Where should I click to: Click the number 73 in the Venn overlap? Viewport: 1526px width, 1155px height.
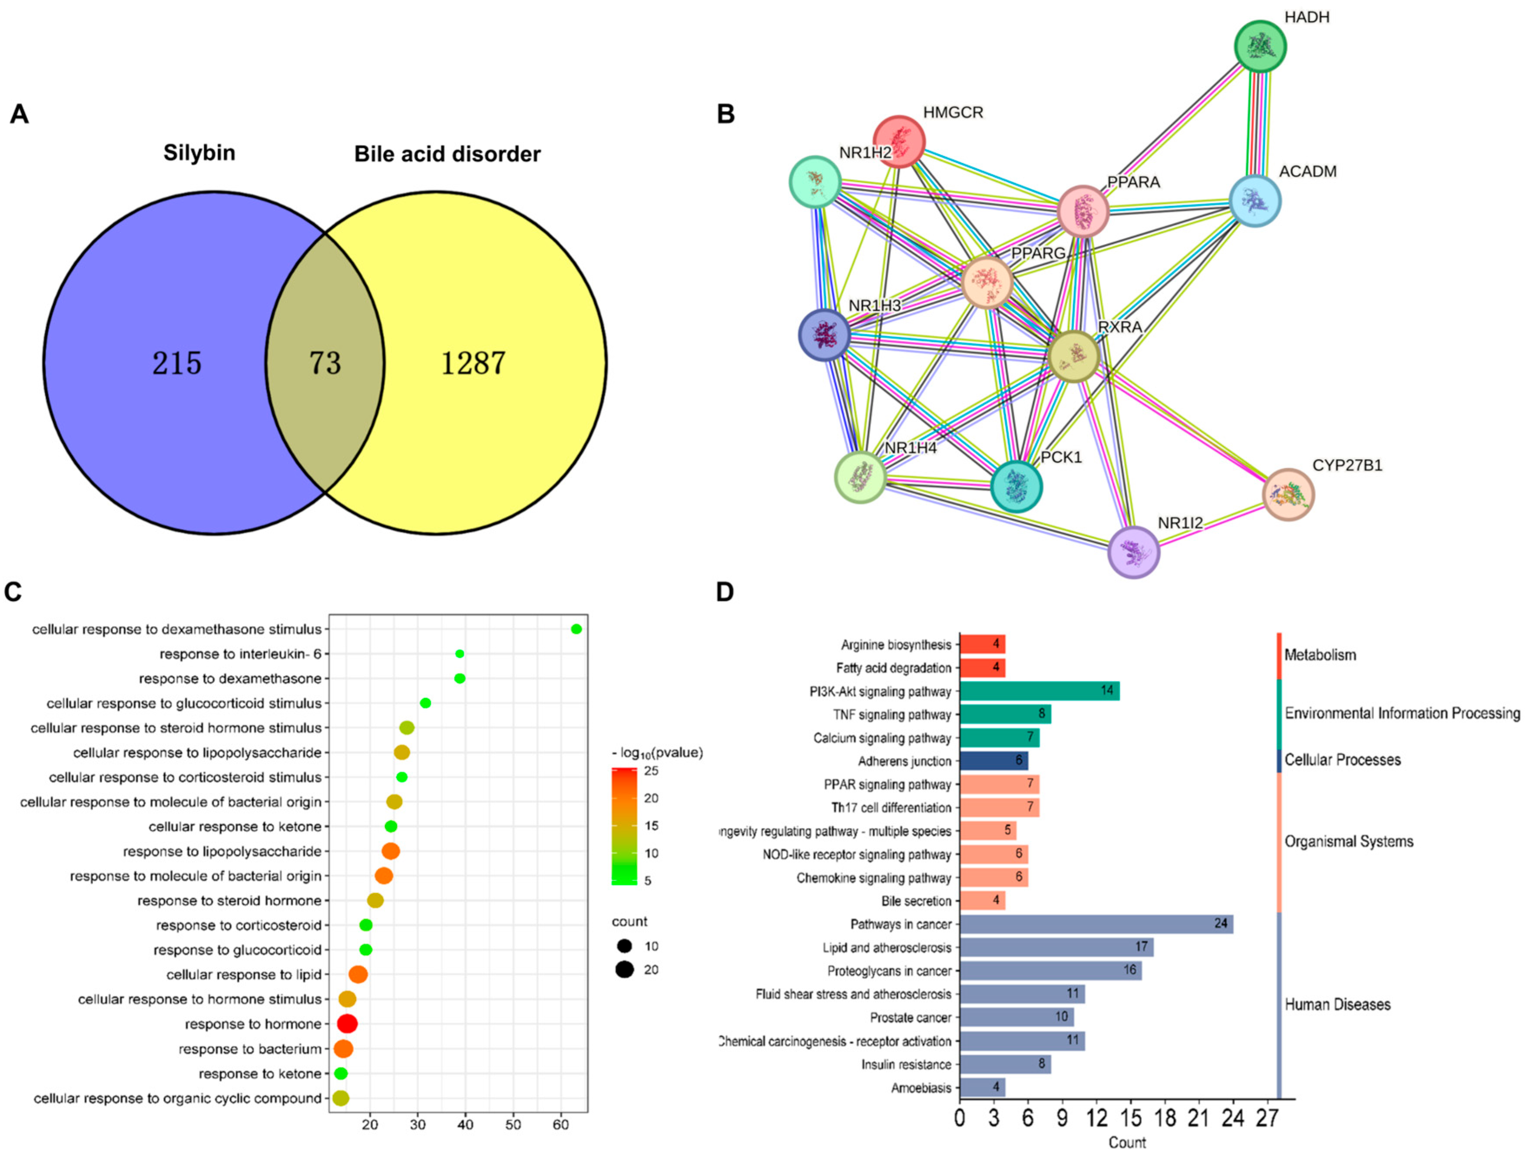point(325,363)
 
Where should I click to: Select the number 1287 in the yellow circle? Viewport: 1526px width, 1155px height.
point(473,363)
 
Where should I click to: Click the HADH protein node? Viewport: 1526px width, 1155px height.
point(1260,46)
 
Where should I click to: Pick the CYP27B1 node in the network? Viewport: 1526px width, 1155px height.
point(1288,494)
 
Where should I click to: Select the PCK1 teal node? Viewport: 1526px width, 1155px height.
point(1016,486)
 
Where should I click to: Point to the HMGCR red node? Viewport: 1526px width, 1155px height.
point(899,142)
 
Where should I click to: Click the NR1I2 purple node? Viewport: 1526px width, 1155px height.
point(1133,552)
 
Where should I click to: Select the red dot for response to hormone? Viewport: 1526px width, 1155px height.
point(347,1024)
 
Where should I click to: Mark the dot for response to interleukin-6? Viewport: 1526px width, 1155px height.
point(460,654)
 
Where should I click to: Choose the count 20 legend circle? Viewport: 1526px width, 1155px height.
point(625,969)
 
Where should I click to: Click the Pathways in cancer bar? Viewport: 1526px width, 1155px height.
point(1096,924)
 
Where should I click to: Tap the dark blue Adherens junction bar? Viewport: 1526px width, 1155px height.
point(993,761)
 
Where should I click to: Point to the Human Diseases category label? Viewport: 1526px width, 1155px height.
point(1337,1005)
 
